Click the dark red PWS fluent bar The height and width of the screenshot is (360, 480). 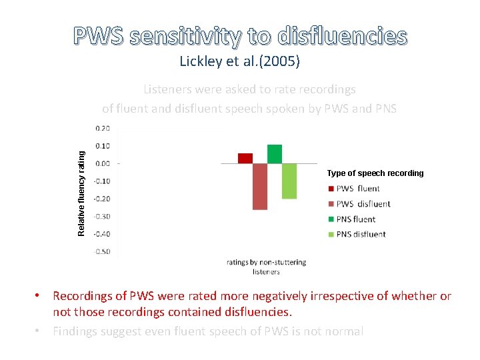pos(245,158)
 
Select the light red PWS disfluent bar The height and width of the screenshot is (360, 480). pos(260,186)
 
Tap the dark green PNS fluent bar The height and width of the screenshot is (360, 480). pos(275,153)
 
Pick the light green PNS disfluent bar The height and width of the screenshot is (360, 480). pos(289,181)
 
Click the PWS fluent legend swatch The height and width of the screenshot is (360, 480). pos(330,189)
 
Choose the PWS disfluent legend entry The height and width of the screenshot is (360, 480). pos(363,204)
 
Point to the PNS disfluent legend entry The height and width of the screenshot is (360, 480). pos(361,234)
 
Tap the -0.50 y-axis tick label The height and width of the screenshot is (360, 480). pos(102,251)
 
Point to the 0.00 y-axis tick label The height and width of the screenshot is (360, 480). pos(103,163)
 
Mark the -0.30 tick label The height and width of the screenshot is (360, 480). pos(102,216)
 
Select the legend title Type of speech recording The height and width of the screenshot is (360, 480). pos(375,173)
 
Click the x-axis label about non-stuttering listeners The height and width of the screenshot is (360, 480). pos(266,267)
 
